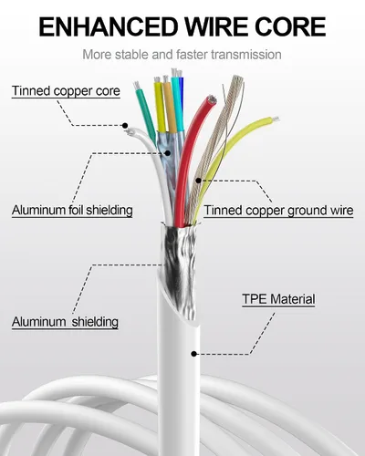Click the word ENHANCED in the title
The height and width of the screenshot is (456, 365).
(x=109, y=26)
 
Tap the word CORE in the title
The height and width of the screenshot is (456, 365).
(x=290, y=26)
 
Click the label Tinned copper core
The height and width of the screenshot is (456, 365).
(x=66, y=91)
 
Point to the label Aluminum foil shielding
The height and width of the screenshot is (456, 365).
(x=72, y=210)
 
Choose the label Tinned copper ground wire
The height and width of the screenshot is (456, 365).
(x=278, y=211)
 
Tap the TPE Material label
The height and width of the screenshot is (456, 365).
(x=278, y=299)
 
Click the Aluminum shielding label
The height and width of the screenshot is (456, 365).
(x=65, y=322)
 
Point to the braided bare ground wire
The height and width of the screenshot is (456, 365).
(x=213, y=146)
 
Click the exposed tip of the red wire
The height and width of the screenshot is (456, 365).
(x=211, y=100)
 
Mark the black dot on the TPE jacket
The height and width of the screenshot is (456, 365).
(x=193, y=354)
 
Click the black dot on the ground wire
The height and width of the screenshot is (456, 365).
(x=198, y=181)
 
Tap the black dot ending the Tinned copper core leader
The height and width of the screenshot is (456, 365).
(x=125, y=125)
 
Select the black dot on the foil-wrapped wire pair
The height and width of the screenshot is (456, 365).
(x=167, y=153)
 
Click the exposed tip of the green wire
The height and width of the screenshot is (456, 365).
(x=137, y=85)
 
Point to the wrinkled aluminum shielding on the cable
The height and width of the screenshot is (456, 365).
(x=178, y=267)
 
